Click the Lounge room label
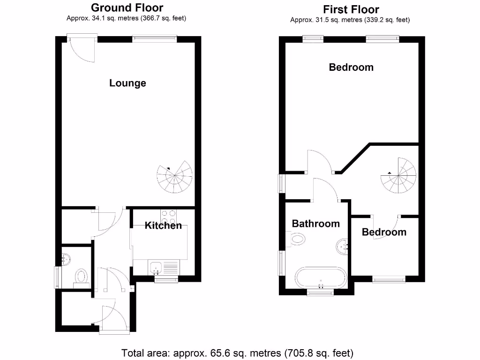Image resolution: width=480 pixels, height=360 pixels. pos(127,83)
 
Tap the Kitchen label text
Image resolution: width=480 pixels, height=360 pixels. pos(163,225)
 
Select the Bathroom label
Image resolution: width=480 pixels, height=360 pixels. pos(315,224)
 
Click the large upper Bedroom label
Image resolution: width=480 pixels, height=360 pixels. pos(351,67)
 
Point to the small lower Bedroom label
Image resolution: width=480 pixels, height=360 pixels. pos(384,232)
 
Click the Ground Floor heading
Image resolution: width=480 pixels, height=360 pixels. pos(127,7)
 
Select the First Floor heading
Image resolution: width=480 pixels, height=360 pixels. pos(351,9)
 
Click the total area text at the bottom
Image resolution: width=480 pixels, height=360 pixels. pos(237,352)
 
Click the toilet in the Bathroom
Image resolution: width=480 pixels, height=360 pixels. pos(296,240)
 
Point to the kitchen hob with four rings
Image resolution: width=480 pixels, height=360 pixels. pos(168,217)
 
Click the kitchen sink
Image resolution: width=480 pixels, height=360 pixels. pos(156,268)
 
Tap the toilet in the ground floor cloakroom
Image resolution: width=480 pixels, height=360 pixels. pos(82,276)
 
